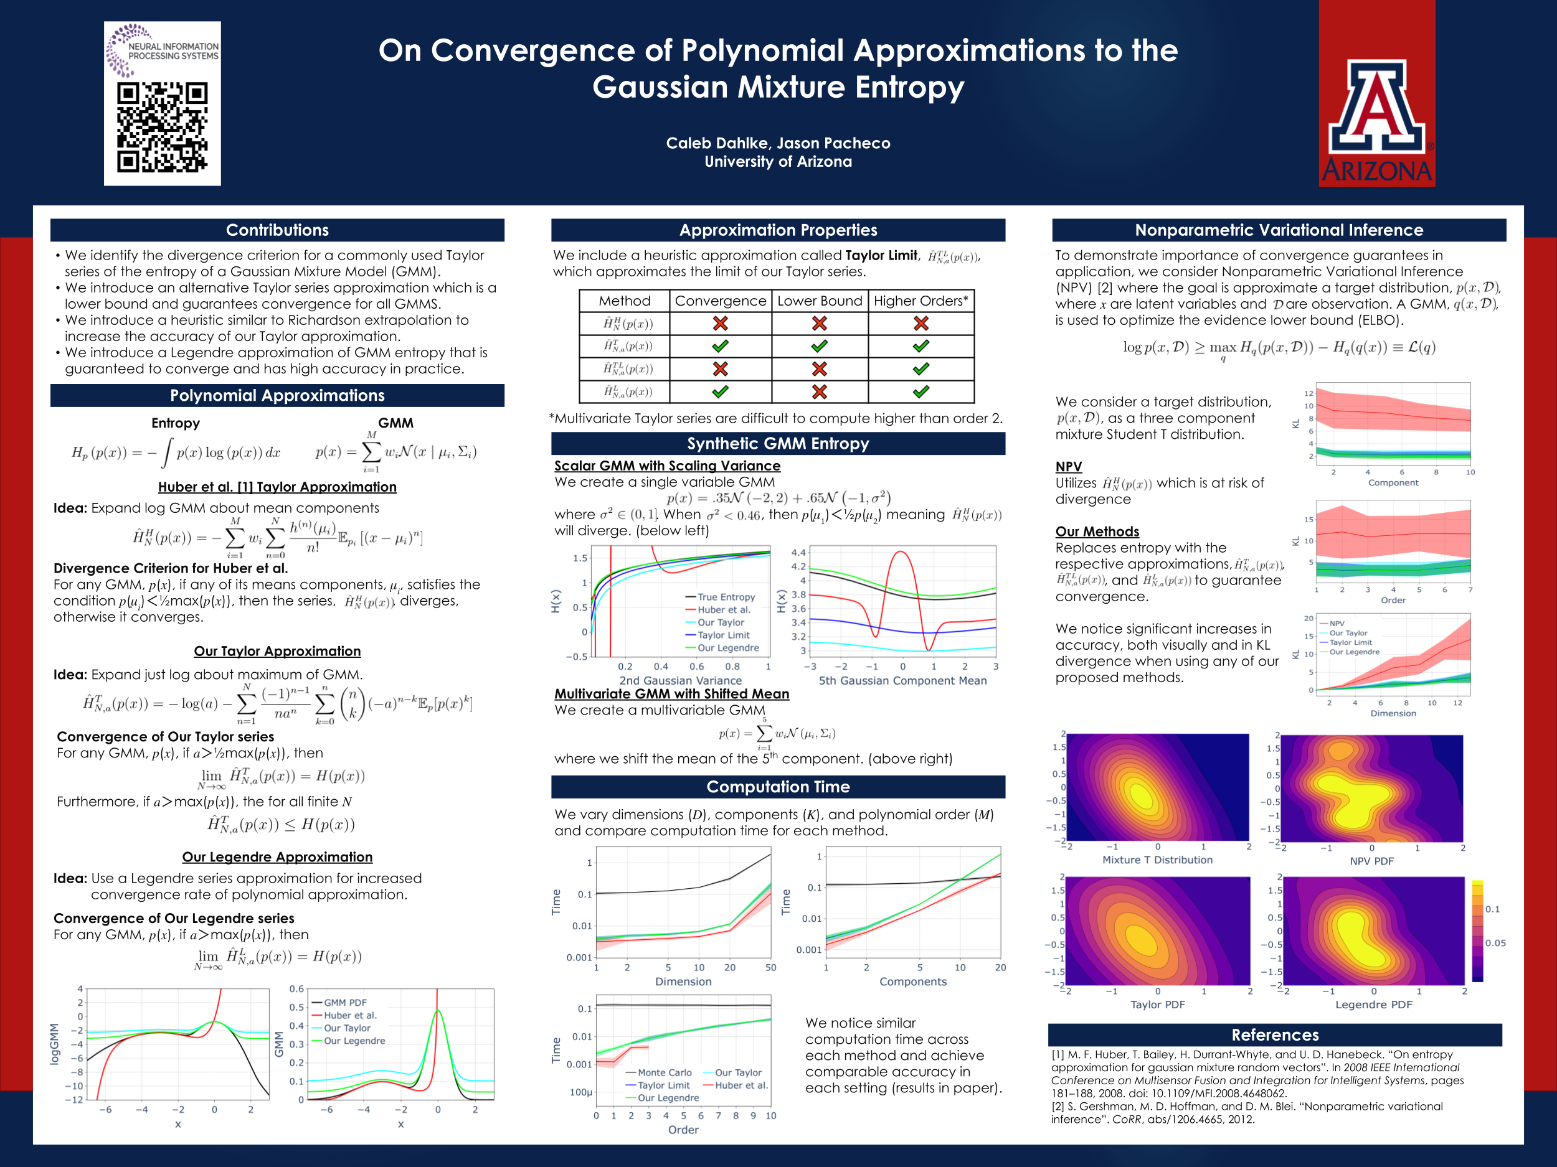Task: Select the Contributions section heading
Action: tap(277, 230)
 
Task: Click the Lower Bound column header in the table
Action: tap(820, 301)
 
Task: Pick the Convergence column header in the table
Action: tap(720, 301)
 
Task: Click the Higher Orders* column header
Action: tap(920, 301)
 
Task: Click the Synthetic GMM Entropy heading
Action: tap(778, 444)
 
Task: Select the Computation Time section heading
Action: tap(778, 787)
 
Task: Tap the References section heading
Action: tap(1275, 1035)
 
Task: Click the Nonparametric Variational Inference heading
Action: tap(1278, 230)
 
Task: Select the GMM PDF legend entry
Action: tap(345, 1003)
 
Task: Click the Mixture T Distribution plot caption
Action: tap(1157, 860)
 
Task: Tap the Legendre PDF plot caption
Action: tap(1373, 1005)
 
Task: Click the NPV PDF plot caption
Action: tap(1371, 861)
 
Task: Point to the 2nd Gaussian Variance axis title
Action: tap(680, 680)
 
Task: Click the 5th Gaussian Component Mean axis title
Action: tap(902, 680)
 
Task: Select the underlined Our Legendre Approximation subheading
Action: tap(277, 857)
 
